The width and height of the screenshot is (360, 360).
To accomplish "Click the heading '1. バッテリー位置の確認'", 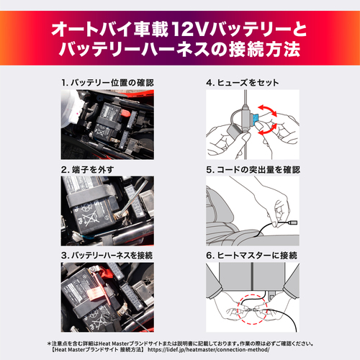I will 107,84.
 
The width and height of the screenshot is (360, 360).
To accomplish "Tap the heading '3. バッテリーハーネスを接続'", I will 112,255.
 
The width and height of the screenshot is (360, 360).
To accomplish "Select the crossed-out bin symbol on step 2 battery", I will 89,216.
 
